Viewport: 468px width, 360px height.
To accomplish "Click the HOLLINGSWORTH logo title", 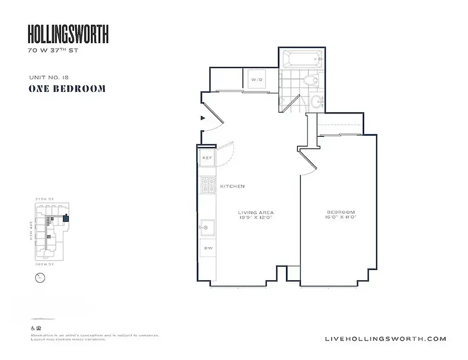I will [68, 34].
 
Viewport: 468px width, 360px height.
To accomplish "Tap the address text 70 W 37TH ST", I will [53, 51].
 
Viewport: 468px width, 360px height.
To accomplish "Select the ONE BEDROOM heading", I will [67, 89].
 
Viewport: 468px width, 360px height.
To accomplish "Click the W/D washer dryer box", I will [256, 80].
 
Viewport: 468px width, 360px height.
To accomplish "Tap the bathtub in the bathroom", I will [302, 58].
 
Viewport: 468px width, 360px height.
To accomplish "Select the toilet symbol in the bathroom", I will [311, 81].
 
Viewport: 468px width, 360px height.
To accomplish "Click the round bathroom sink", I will [317, 102].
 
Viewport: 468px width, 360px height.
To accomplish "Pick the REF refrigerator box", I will [207, 158].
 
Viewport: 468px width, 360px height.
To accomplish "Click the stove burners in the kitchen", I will [209, 186].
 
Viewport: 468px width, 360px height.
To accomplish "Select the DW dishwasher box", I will [208, 248].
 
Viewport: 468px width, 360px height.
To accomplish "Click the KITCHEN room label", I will [232, 186].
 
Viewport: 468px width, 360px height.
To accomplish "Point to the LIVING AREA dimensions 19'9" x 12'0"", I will [256, 217].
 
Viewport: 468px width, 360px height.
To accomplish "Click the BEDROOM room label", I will [341, 212].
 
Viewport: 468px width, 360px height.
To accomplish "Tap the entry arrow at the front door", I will [203, 118].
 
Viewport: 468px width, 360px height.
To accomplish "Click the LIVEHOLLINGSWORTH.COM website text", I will [385, 339].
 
